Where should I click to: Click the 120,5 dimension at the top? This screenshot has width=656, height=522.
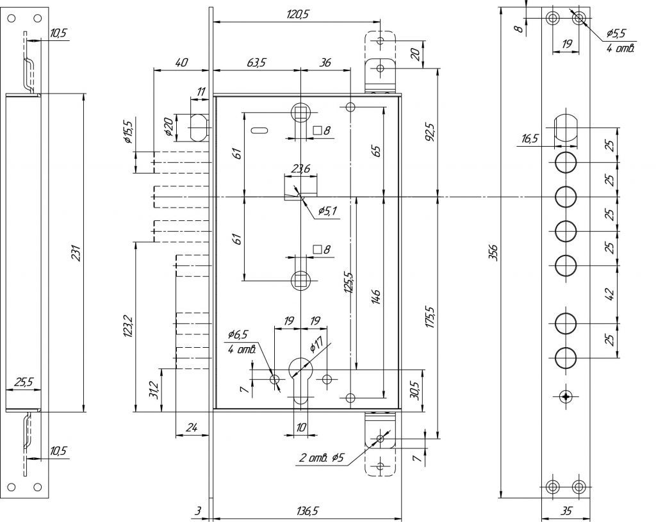[x=297, y=14]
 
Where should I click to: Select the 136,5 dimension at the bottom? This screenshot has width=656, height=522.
[x=307, y=511]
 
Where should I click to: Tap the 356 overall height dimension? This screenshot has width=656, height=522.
[x=494, y=252]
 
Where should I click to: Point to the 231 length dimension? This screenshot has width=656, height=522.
[x=77, y=253]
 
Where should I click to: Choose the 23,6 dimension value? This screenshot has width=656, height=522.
[x=300, y=168]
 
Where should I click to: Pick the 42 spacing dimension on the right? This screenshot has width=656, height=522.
[x=610, y=294]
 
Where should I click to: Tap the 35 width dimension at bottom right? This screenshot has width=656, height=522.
[x=566, y=510]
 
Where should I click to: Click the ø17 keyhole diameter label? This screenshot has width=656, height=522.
[x=316, y=345]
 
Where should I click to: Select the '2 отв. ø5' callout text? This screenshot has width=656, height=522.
[x=322, y=458]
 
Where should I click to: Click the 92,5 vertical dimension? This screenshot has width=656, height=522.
[x=431, y=131]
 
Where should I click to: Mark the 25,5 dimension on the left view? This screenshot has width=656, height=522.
[x=24, y=382]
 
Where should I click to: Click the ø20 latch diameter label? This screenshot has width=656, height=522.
[x=168, y=126]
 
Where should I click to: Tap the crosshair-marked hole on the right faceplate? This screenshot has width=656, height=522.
[x=566, y=396]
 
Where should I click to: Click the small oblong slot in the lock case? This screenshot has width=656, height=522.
[x=259, y=131]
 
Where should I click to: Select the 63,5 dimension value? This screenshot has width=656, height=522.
[x=256, y=63]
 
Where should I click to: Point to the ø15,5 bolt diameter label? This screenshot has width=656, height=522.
[x=127, y=132]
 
